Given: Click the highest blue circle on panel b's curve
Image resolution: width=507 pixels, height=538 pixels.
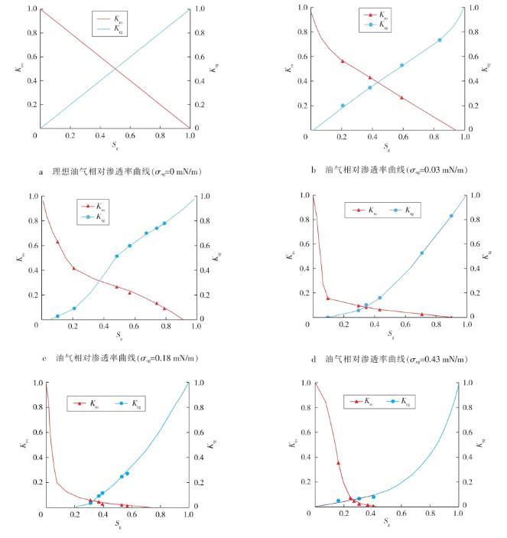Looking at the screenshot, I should pyautogui.click(x=440, y=40).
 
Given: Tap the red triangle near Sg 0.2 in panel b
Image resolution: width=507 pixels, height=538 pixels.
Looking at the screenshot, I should pyautogui.click(x=343, y=61).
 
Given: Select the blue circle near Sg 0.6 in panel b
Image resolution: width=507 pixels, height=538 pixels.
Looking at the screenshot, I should pyautogui.click(x=402, y=65).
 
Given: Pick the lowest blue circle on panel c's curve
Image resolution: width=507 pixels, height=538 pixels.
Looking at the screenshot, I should pyautogui.click(x=57, y=316).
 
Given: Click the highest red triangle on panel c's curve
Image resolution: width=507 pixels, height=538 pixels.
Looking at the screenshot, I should pyautogui.click(x=57, y=243).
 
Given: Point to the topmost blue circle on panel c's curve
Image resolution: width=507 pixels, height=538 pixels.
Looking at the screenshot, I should pyautogui.click(x=164, y=223).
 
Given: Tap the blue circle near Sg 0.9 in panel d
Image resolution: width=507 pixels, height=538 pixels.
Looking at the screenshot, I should pyautogui.click(x=451, y=216).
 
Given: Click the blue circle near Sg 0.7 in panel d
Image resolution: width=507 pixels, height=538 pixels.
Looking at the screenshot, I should pyautogui.click(x=421, y=253).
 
